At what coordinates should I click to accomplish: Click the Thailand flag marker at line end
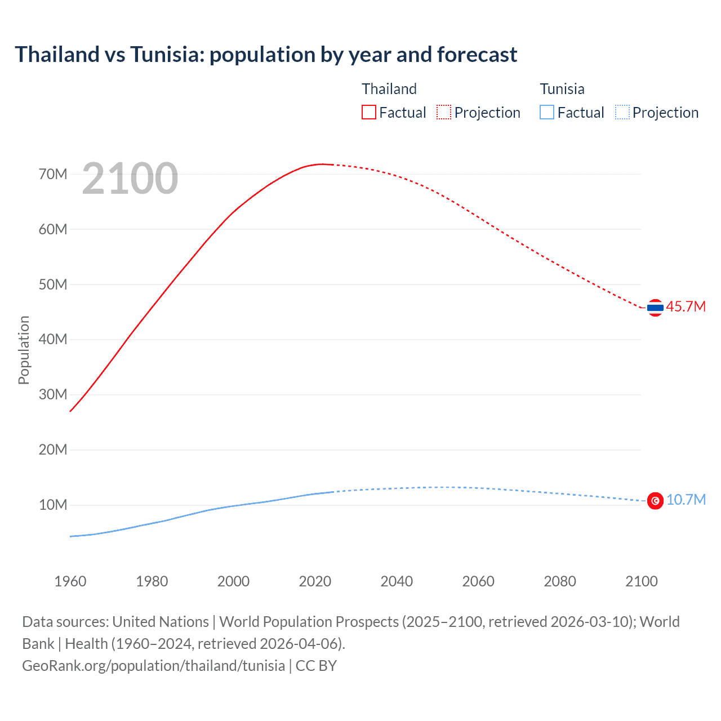click(x=655, y=308)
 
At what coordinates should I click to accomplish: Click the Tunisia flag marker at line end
click(x=655, y=500)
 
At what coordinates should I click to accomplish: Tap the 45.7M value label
click(x=686, y=307)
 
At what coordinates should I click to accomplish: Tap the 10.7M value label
click(x=686, y=500)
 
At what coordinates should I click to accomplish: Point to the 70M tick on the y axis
click(x=53, y=174)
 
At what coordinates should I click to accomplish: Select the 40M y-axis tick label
click(x=53, y=339)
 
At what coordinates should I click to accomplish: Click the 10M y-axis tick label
click(x=53, y=505)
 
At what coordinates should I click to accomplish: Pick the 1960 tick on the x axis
click(x=70, y=581)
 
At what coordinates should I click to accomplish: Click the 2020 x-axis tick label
click(x=315, y=581)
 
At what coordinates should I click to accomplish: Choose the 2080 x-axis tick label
click(x=560, y=581)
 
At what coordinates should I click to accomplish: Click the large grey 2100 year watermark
click(x=130, y=179)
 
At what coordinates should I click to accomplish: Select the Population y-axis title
click(x=24, y=350)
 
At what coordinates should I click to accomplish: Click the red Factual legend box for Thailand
click(x=369, y=113)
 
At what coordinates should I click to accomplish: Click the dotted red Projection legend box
click(x=444, y=113)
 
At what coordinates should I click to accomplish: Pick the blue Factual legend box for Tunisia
click(x=547, y=113)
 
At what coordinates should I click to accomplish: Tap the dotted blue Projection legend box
click(x=622, y=113)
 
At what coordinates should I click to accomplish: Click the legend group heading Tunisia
click(x=562, y=89)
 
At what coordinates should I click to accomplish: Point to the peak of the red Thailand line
click(x=322, y=164)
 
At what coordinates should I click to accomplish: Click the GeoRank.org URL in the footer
click(x=153, y=666)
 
